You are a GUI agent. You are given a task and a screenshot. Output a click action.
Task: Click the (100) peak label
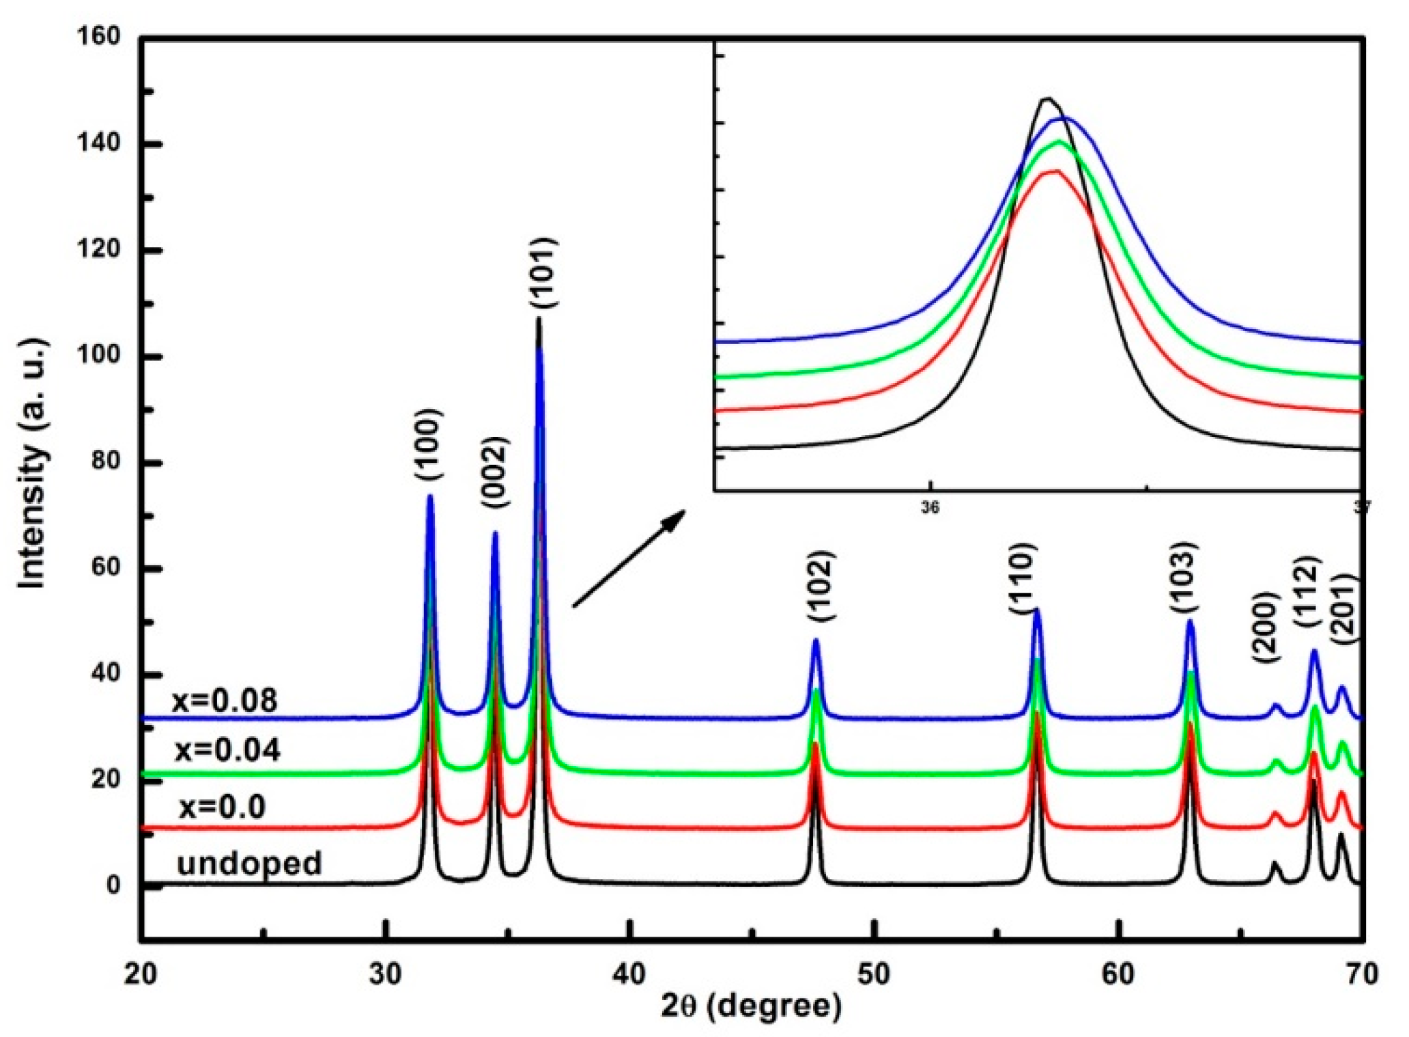[x=429, y=446]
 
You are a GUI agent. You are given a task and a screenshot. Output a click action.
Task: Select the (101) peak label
[x=545, y=273]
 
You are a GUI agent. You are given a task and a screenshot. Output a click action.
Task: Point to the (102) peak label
[x=820, y=586]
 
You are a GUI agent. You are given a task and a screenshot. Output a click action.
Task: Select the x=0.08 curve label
[x=225, y=701]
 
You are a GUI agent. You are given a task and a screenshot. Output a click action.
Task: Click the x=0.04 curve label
[x=227, y=750]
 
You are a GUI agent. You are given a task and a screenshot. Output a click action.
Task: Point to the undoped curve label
[x=249, y=864]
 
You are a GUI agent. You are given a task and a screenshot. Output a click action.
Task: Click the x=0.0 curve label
[x=223, y=808]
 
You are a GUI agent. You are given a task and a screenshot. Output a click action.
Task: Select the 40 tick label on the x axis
[x=629, y=974]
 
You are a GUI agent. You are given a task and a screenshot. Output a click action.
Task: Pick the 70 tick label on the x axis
[x=1361, y=974]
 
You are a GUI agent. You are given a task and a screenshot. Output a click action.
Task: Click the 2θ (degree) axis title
[x=751, y=1006]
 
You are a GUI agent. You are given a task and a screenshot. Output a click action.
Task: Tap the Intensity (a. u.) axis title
[x=31, y=463]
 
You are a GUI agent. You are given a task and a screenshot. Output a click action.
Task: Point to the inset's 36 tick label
[x=930, y=508]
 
